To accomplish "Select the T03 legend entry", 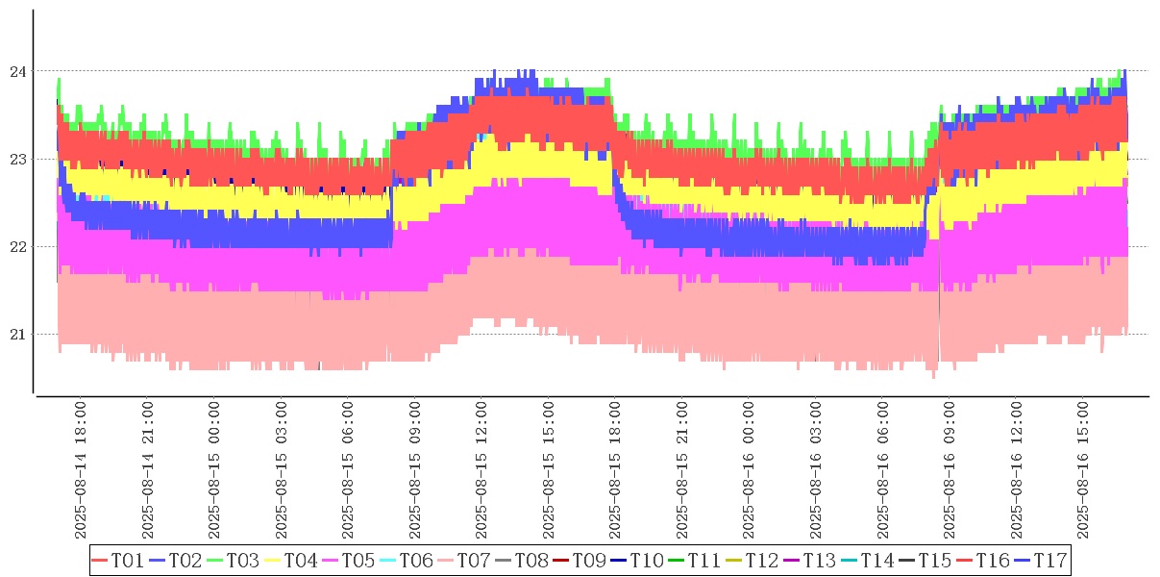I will pos(233,560).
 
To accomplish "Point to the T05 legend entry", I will pos(348,560).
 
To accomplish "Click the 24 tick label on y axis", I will pos(17,71).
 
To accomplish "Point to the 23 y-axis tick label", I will pos(17,159).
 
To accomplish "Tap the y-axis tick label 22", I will pos(17,247).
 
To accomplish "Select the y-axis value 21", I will pos(17,335).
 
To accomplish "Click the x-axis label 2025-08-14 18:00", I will pos(81,471).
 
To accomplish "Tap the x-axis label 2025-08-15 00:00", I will pos(214,471).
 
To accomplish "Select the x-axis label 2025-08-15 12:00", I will pos(481,471).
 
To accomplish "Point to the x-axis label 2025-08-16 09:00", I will pos(950,471).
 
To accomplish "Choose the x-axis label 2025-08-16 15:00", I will pos(1083,471).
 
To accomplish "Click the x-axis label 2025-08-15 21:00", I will pos(682,471).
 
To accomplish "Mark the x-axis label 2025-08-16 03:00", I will pos(816,471).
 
